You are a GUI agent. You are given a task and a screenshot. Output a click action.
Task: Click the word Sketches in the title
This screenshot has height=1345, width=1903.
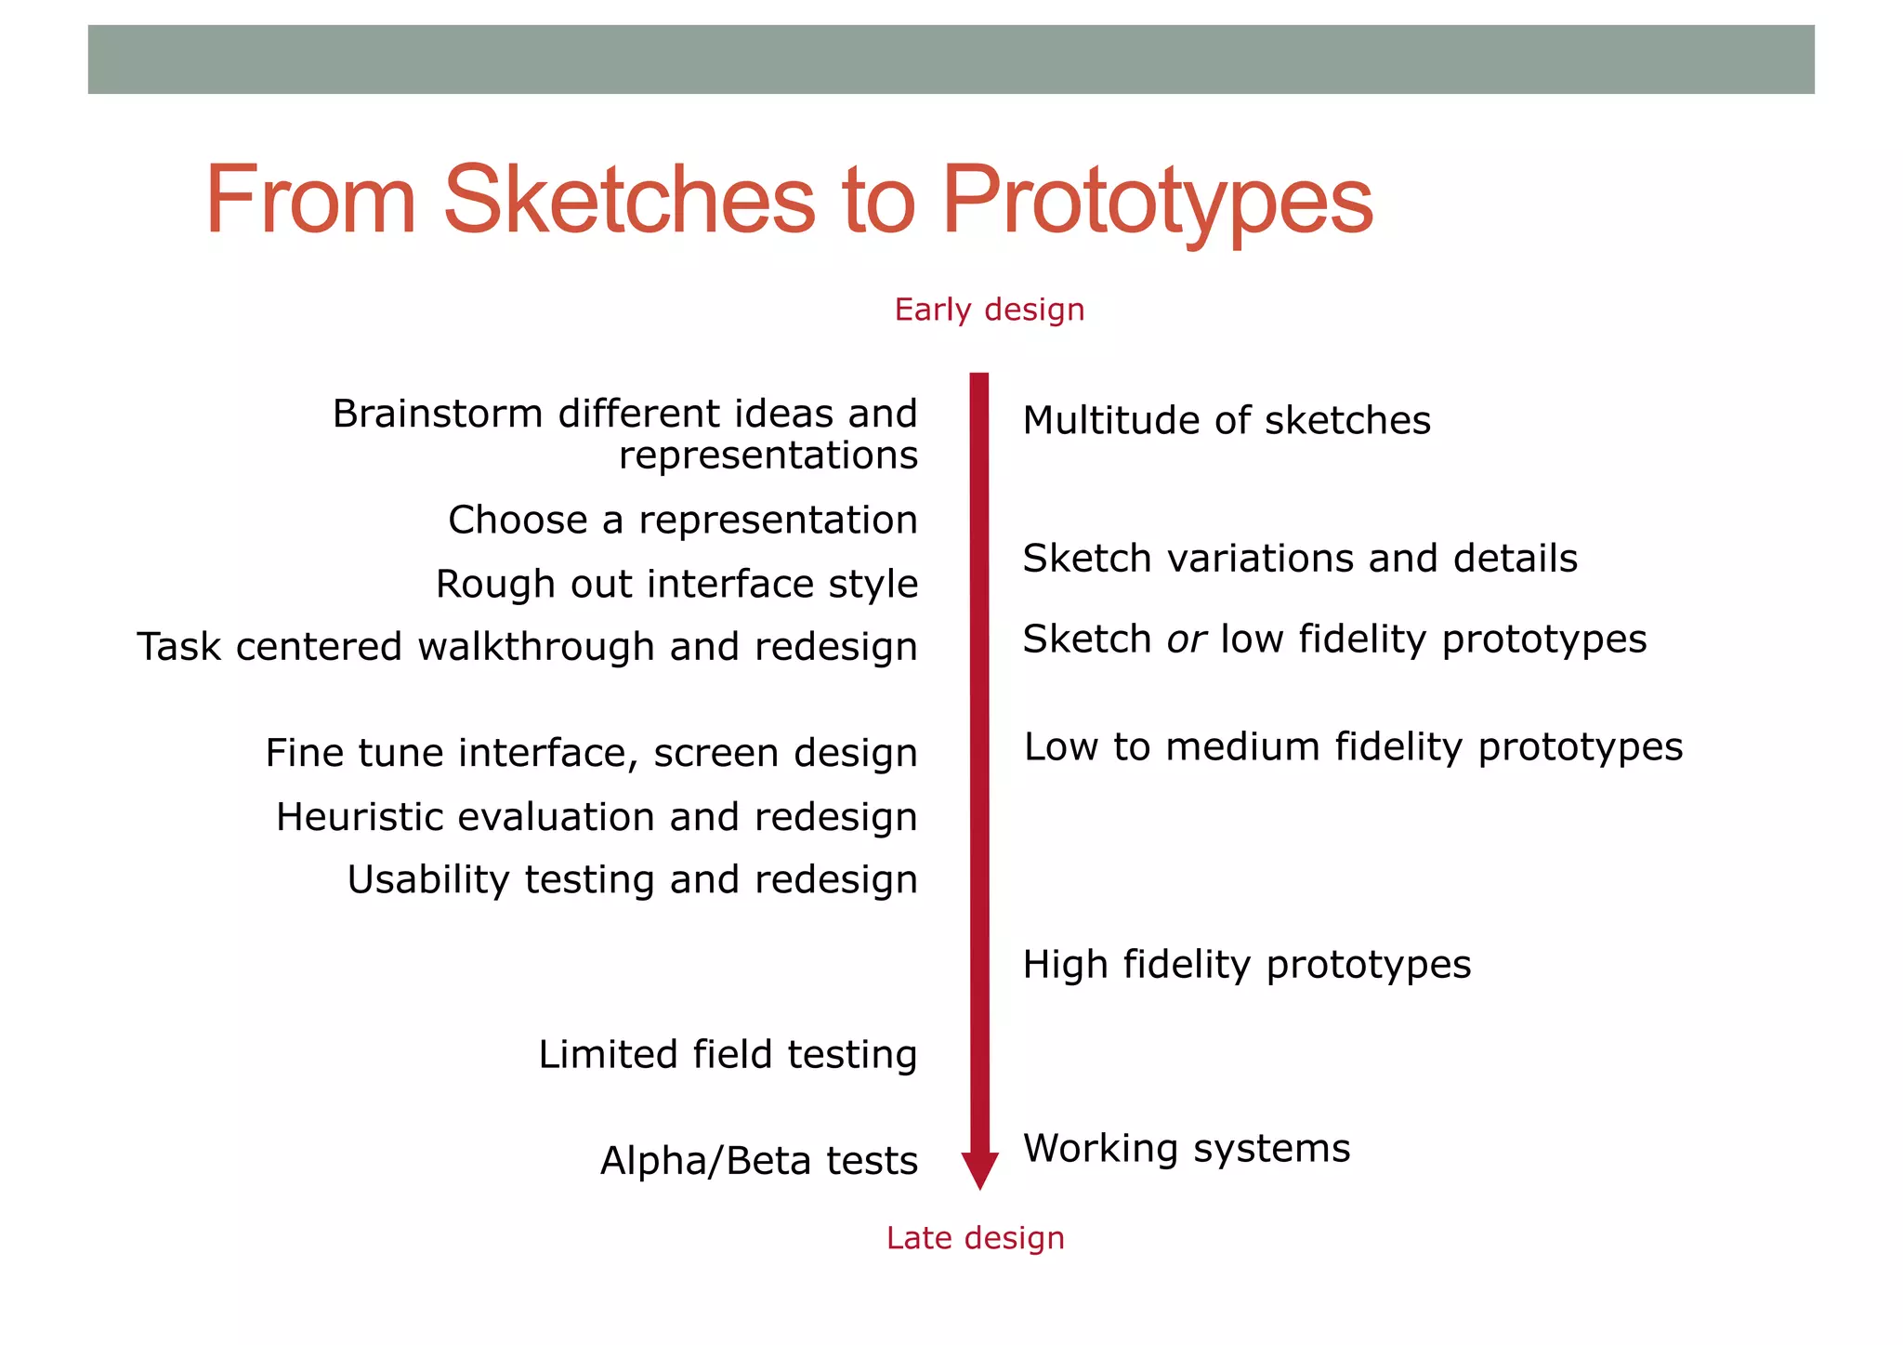pyautogui.click(x=629, y=200)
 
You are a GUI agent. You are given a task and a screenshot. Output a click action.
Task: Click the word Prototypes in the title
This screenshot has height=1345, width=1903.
pyautogui.click(x=1157, y=200)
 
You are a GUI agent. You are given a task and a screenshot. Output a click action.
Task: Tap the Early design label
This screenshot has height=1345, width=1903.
pyautogui.click(x=989, y=310)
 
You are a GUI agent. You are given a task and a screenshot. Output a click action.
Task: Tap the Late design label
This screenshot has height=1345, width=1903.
pyautogui.click(x=975, y=1238)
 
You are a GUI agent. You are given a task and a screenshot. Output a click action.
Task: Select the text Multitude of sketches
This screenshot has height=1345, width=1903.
pyautogui.click(x=1226, y=420)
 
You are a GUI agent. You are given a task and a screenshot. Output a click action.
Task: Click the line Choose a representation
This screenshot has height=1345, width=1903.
pyautogui.click(x=682, y=520)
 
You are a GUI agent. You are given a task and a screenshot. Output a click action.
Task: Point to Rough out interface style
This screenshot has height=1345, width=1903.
pyautogui.click(x=676, y=584)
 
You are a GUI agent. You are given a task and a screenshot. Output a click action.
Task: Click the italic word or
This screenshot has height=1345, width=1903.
pyautogui.click(x=1186, y=640)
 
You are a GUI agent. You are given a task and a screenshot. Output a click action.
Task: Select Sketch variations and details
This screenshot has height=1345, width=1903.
pyautogui.click(x=1299, y=559)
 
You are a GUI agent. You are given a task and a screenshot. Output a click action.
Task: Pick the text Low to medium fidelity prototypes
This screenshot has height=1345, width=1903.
pyautogui.click(x=1352, y=747)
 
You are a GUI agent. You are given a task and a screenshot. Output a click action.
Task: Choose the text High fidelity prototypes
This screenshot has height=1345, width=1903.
pyautogui.click(x=1246, y=965)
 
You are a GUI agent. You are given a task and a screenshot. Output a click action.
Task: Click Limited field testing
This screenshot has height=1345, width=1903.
pyautogui.click(x=727, y=1055)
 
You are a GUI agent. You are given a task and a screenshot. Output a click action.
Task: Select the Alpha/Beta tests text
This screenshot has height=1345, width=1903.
pyautogui.click(x=758, y=1161)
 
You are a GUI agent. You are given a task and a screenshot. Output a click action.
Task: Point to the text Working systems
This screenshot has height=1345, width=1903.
pyautogui.click(x=1186, y=1148)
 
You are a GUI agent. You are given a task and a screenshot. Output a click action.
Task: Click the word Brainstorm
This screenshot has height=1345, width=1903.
pyautogui.click(x=438, y=414)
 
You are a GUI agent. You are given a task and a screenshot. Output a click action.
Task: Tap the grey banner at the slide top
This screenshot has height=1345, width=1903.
pyautogui.click(x=951, y=59)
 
